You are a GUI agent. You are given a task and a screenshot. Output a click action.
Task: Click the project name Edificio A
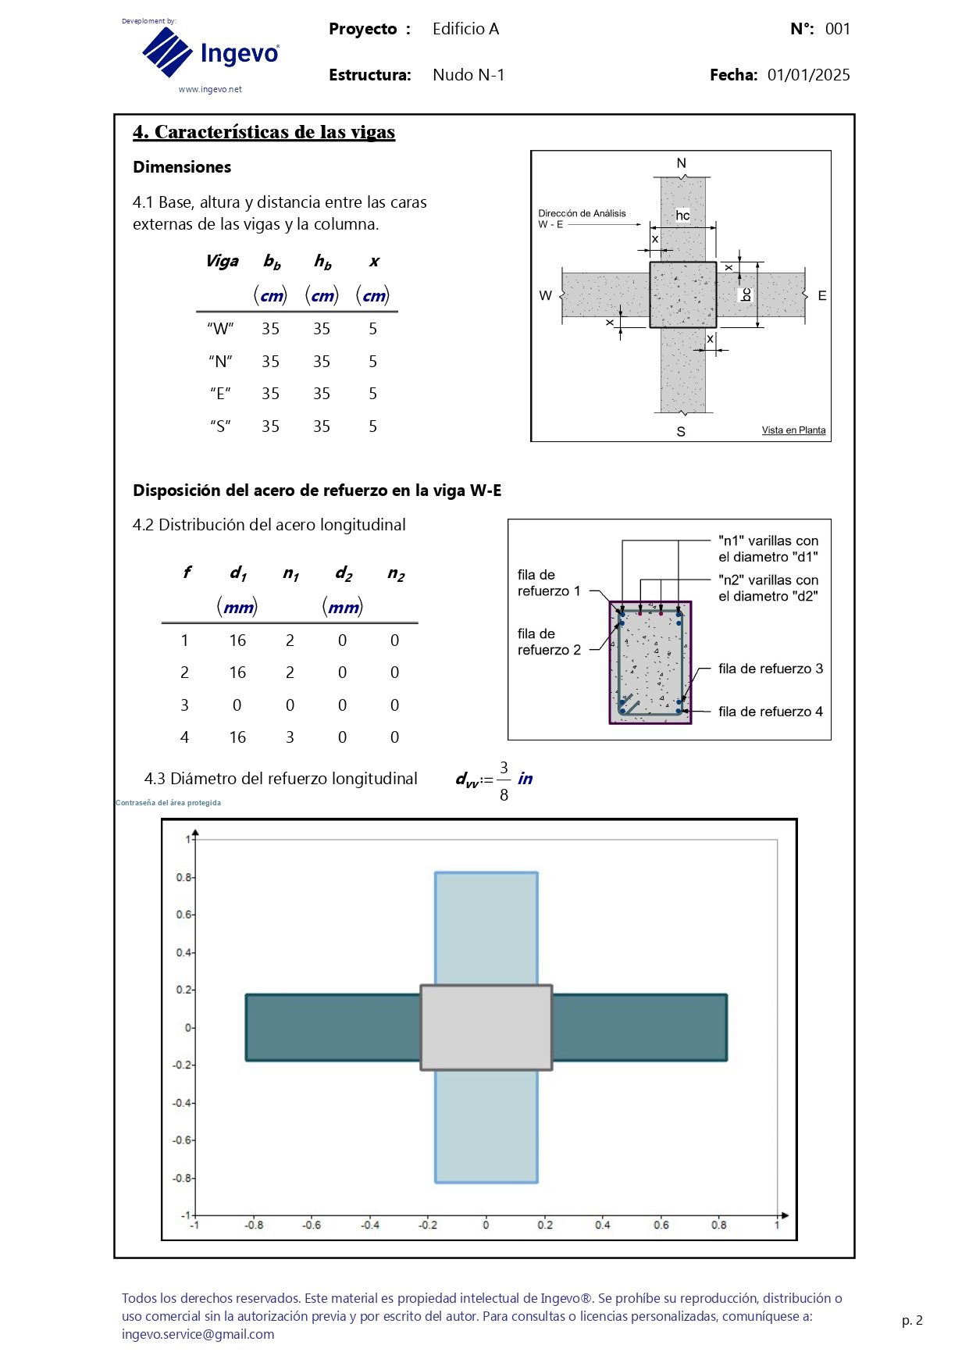(465, 29)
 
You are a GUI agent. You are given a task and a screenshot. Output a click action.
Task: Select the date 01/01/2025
(808, 75)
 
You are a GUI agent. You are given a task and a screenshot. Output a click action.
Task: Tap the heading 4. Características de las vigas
(264, 132)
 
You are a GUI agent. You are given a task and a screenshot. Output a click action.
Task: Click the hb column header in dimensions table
(322, 262)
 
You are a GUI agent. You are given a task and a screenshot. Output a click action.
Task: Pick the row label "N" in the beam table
(220, 362)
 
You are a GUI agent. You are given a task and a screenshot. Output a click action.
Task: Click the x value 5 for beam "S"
(373, 426)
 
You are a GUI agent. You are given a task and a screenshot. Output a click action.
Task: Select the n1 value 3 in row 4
(290, 737)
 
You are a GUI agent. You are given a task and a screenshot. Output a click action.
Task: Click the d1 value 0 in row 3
(237, 705)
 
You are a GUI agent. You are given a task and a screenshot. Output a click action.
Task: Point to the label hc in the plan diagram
(682, 216)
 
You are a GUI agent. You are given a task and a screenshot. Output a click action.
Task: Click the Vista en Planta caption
(793, 430)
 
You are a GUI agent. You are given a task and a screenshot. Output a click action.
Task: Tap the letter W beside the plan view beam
(545, 296)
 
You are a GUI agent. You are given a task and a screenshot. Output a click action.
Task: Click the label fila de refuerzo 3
(770, 669)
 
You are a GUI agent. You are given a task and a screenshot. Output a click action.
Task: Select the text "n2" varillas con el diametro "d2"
(768, 588)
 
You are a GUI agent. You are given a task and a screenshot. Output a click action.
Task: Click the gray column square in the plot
(486, 1027)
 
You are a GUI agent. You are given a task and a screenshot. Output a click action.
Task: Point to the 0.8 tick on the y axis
(184, 877)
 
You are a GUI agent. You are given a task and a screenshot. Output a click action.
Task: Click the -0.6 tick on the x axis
(312, 1225)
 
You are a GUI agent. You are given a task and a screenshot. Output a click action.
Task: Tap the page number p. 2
(912, 1320)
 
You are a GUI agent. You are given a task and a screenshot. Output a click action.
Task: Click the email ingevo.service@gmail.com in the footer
(198, 1334)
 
